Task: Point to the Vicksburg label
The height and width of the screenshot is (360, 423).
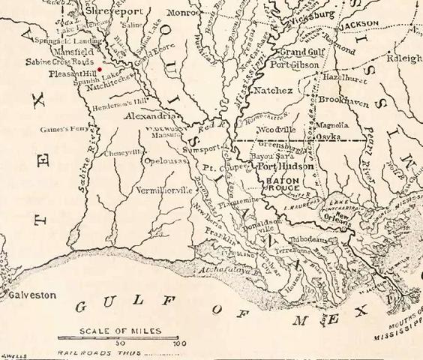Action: pyautogui.click(x=308, y=14)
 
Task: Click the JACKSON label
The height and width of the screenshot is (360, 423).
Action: pyautogui.click(x=359, y=24)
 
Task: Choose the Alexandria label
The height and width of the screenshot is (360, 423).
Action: pyautogui.click(x=151, y=117)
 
